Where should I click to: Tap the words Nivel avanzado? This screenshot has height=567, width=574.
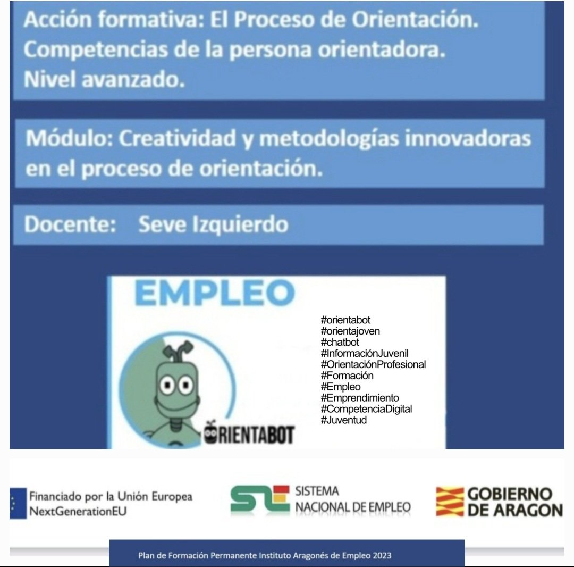click(x=104, y=80)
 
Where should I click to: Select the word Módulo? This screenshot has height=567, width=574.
click(x=69, y=139)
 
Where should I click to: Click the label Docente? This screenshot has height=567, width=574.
click(x=70, y=224)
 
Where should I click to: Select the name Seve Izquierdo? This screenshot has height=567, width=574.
click(x=213, y=224)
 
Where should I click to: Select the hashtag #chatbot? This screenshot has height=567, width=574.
click(x=340, y=343)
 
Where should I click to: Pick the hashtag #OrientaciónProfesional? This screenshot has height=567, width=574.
click(x=373, y=365)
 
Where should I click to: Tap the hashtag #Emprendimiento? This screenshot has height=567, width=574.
click(x=360, y=398)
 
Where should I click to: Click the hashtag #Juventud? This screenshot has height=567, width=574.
click(x=344, y=420)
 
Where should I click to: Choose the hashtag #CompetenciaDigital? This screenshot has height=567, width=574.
click(x=366, y=409)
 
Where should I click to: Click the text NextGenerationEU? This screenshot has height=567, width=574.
click(x=78, y=512)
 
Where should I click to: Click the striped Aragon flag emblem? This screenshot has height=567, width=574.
click(x=449, y=501)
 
